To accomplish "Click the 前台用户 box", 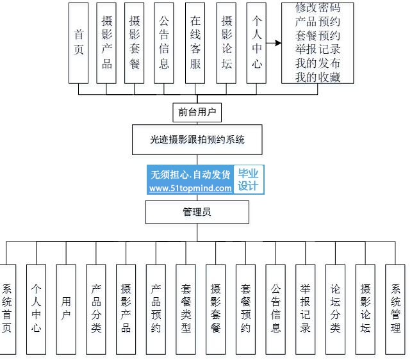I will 197,113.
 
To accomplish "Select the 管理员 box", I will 197,212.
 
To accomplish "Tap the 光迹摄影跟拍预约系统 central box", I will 197,140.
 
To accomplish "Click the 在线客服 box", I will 195,42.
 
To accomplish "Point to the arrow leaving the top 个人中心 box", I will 274,43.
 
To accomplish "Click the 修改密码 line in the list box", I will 318,8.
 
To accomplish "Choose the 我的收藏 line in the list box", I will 318,77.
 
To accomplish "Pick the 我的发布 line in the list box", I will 318,63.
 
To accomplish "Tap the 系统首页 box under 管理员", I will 7,309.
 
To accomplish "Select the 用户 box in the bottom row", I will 67,309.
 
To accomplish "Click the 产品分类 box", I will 96,309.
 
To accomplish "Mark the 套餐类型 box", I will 186,309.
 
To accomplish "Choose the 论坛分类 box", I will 335,309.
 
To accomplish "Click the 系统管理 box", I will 395,309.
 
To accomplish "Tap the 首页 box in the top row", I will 79,42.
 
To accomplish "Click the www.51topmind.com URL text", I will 190,188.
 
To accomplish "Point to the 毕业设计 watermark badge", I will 249,180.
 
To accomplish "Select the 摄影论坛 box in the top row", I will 226,42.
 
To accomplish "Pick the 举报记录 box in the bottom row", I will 306,309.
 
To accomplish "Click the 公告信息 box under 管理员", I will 276,309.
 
